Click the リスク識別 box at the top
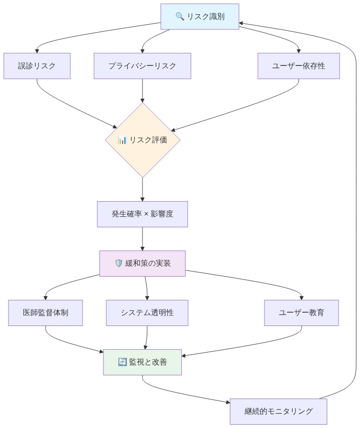tap(199, 17)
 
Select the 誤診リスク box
tap(37, 66)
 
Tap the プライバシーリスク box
tap(142, 66)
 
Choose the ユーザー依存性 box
tap(299, 66)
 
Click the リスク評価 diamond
tap(142, 140)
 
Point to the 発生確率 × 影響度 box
tap(142, 214)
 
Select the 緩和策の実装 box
tap(142, 263)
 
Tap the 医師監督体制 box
tap(46, 313)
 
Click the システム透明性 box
tap(147, 313)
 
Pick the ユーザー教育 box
tap(302, 313)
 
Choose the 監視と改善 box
tap(142, 362)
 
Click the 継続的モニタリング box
tap(279, 411)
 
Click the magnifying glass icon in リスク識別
tap(180, 17)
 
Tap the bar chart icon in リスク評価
tap(123, 140)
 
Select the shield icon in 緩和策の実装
tap(119, 263)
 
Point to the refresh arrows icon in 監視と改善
tap(122, 362)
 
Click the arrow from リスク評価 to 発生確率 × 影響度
tap(142, 190)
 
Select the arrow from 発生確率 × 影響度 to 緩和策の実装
tap(142, 239)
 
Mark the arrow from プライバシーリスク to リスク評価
tap(142, 90)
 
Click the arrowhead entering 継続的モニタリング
tap(227, 402)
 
